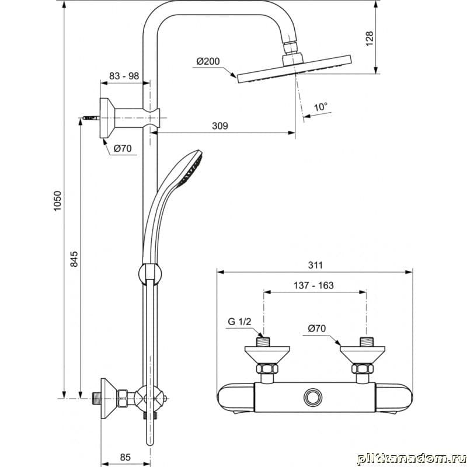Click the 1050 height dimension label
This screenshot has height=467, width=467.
(57, 201)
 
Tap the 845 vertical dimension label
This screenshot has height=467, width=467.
(74, 259)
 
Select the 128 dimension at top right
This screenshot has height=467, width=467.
(370, 39)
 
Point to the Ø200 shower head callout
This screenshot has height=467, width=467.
(208, 61)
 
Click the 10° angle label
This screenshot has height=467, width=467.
(320, 107)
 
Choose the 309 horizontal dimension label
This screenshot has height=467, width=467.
(220, 126)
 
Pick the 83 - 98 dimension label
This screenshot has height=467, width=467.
(124, 76)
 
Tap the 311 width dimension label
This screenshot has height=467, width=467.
(315, 265)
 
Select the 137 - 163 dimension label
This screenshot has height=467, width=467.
(313, 285)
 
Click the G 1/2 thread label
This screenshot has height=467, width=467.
(239, 322)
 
